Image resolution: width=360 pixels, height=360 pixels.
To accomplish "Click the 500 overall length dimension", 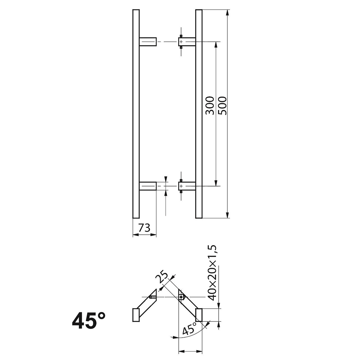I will point(223,105).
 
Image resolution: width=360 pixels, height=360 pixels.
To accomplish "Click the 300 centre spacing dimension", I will point(210,105).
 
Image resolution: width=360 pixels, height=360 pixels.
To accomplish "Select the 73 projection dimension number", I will point(144,229).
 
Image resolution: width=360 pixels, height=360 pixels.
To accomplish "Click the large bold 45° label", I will point(89,320).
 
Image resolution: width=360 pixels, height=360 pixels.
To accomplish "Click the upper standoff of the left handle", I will point(148,42).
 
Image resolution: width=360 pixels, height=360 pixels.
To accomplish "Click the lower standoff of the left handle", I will point(148,186).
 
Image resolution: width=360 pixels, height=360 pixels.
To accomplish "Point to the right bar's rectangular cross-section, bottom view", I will point(199,315).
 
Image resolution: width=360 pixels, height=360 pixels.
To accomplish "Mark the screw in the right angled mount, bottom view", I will point(181,297).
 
